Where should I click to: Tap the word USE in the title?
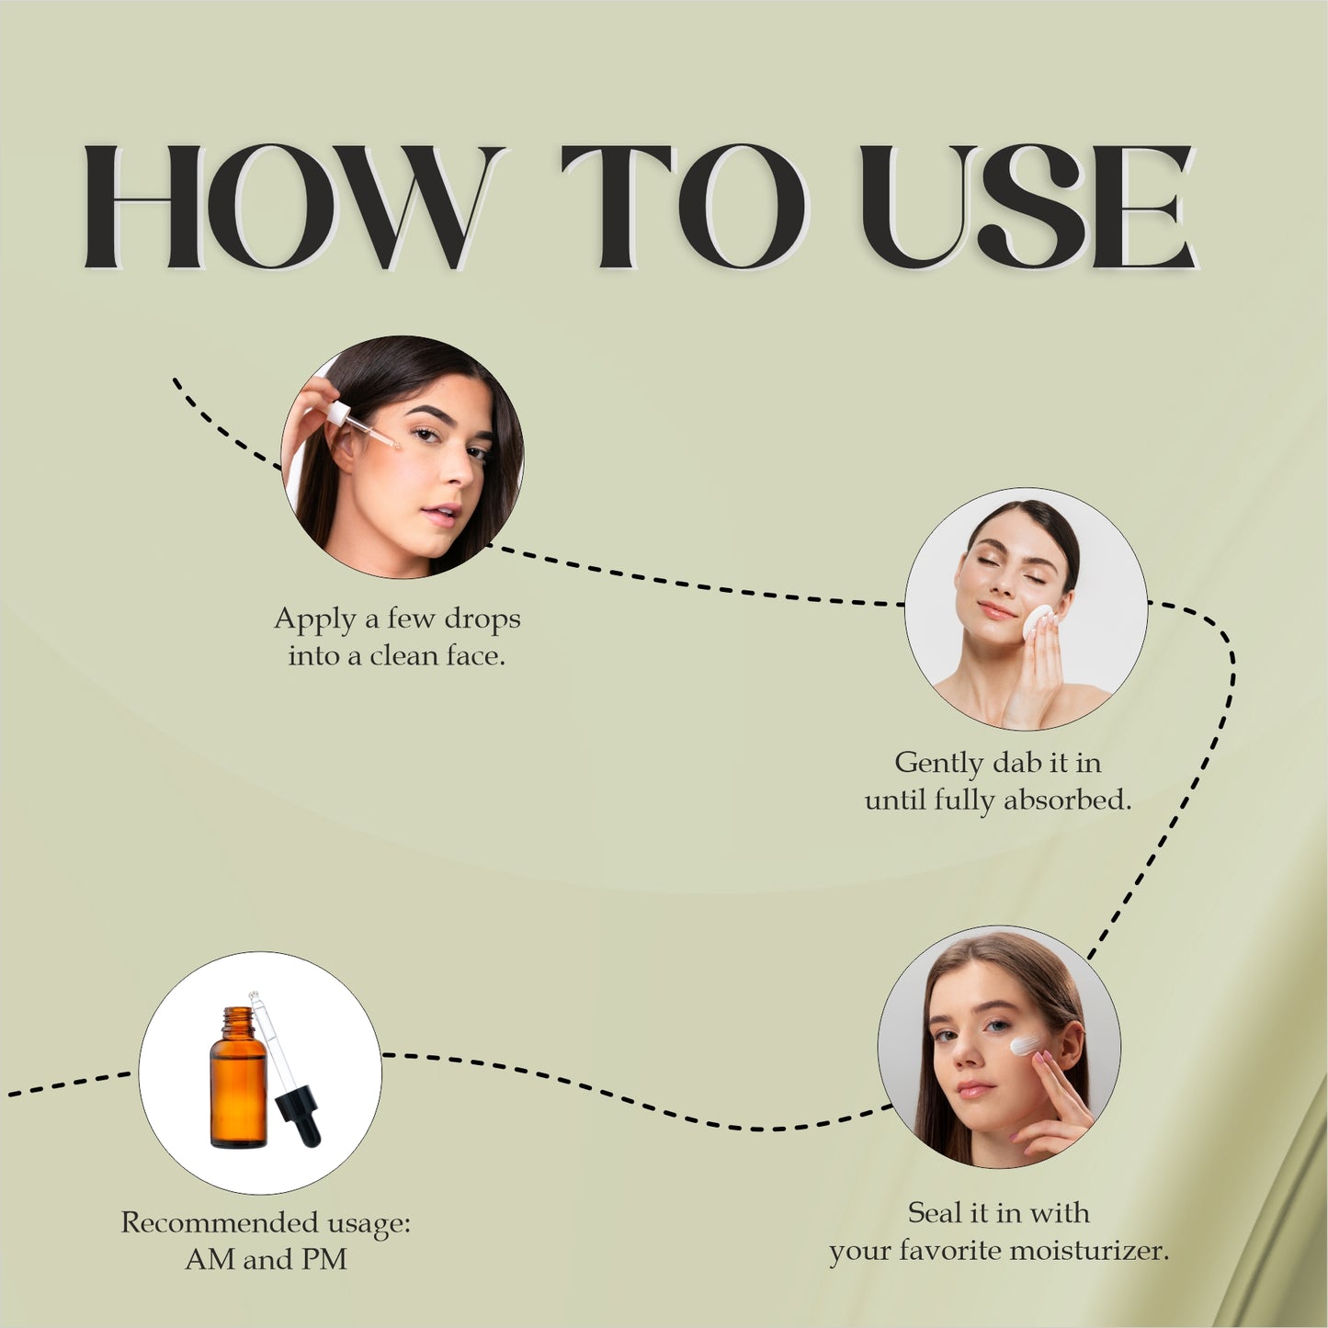click(x=1027, y=207)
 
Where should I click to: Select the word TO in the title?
click(x=684, y=207)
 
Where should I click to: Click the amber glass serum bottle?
click(x=237, y=1084)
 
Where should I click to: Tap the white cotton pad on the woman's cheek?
click(x=1039, y=621)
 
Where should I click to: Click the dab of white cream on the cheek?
click(x=1024, y=1045)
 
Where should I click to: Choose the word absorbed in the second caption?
click(x=1067, y=800)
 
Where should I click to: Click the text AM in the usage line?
click(x=210, y=1260)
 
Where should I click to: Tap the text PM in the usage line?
click(x=323, y=1260)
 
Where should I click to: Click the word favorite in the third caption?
click(x=949, y=1251)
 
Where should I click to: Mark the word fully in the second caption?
click(x=964, y=801)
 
